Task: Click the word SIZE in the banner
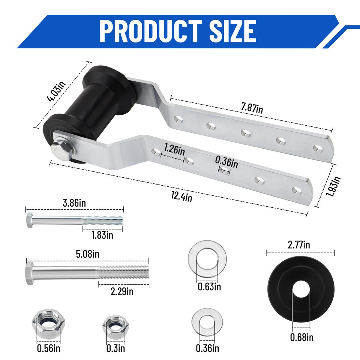point(233,31)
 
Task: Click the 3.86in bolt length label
point(74,203)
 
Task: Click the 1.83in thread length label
point(102,235)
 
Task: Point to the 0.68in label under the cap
point(301,337)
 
